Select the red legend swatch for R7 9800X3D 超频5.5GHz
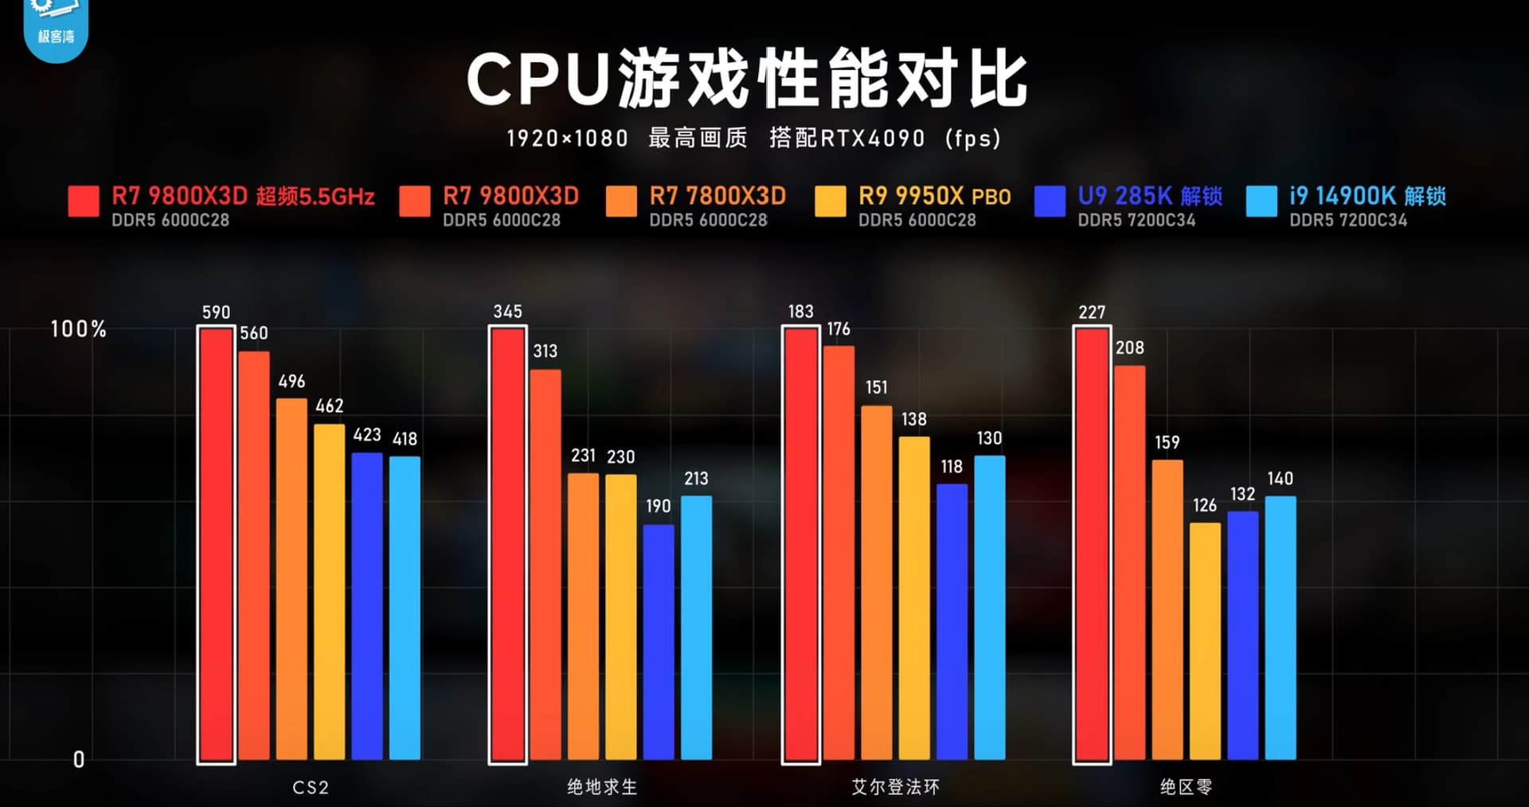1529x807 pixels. point(84,202)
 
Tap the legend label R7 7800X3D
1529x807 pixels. point(717,196)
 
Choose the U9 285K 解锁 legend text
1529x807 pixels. point(1149,196)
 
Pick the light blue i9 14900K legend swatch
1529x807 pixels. point(1261,202)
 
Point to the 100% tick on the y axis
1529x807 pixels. point(78,329)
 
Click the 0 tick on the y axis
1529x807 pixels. point(79,759)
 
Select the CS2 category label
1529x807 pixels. point(311,787)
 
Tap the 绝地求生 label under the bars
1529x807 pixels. point(602,787)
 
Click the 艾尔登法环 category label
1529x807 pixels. point(895,787)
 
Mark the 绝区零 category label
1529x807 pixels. point(1186,787)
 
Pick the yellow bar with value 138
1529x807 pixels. point(914,597)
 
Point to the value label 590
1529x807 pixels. point(216,312)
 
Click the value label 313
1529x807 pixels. point(546,351)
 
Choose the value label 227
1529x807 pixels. point(1092,312)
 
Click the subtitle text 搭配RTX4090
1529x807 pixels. point(847,139)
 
